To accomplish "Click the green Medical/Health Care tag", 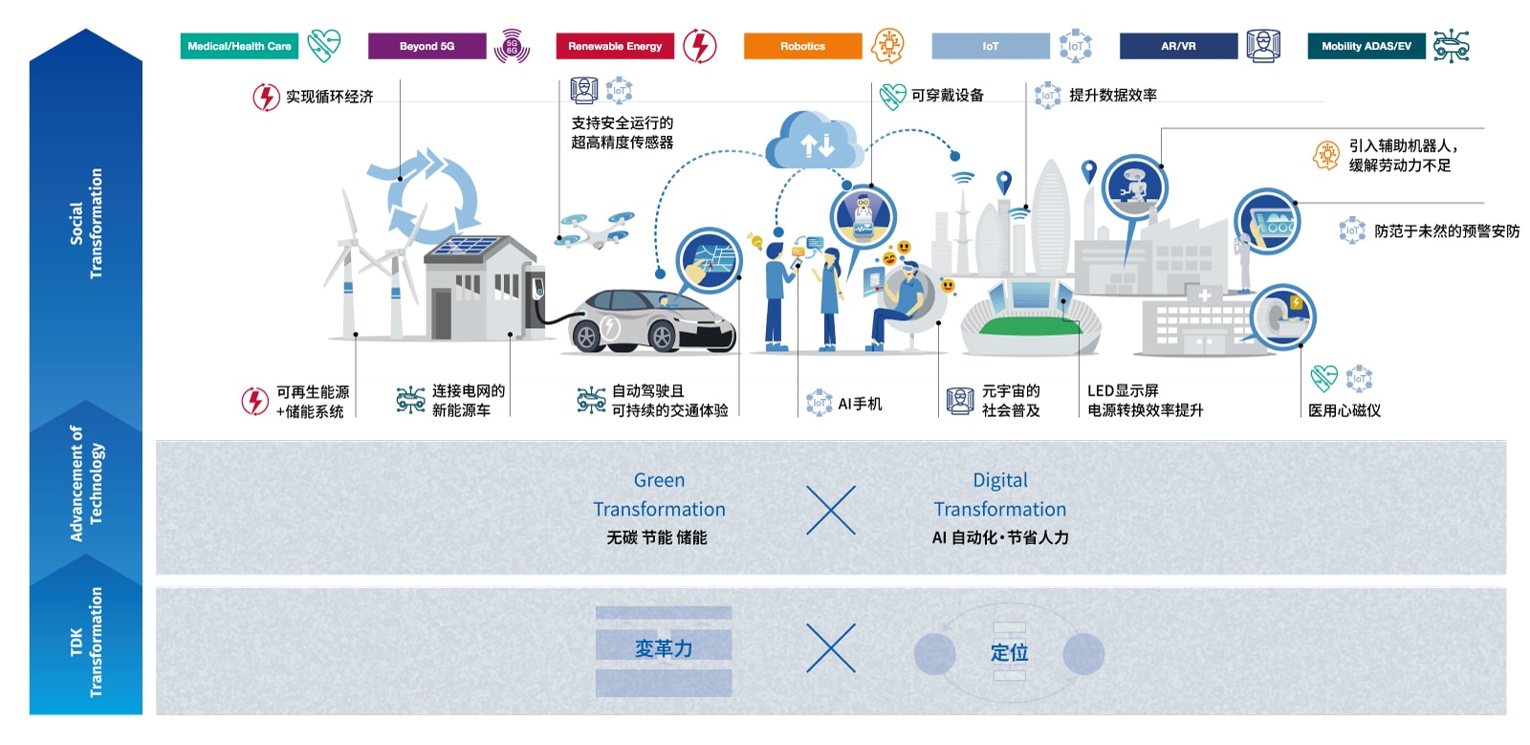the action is click(x=239, y=46).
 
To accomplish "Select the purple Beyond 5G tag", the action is click(x=426, y=46).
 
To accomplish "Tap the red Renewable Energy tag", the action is click(x=615, y=46).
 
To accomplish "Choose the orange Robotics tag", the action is click(x=802, y=46).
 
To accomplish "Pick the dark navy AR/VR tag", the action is click(x=1178, y=46).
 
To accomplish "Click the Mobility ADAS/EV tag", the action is click(x=1366, y=46).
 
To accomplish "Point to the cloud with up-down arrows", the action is click(x=813, y=142).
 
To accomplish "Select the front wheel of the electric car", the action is click(x=662, y=336).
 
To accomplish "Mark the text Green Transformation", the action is click(x=659, y=494).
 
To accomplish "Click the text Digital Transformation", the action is click(x=1000, y=494).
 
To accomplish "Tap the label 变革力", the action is click(x=664, y=648).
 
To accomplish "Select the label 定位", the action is click(x=1009, y=652).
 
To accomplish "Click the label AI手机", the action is click(x=860, y=404).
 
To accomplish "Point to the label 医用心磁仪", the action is click(x=1344, y=410).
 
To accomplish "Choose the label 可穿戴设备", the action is click(x=948, y=95).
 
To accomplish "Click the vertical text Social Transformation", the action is click(x=86, y=223).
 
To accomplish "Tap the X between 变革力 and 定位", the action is click(x=831, y=647).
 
